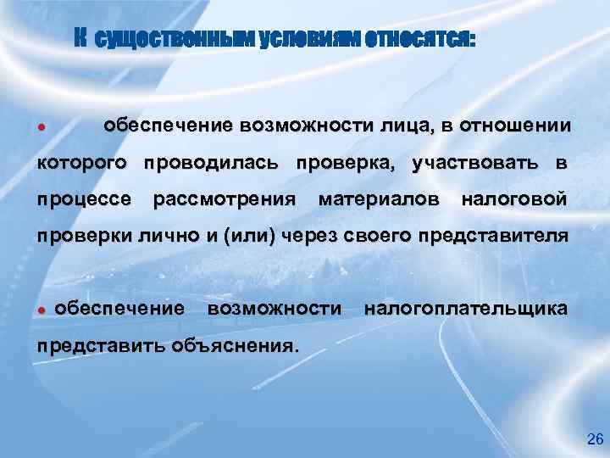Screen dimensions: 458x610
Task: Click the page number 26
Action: (595, 439)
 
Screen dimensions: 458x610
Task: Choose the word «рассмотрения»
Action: (224, 200)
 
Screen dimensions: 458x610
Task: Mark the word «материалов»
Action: (378, 200)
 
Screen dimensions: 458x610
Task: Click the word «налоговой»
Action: (513, 200)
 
